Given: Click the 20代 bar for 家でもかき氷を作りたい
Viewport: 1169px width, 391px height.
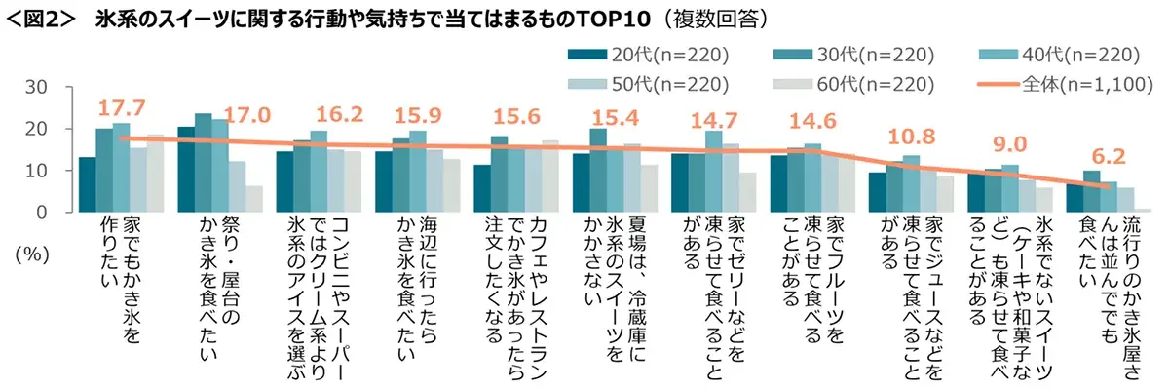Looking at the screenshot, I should pyautogui.click(x=88, y=184).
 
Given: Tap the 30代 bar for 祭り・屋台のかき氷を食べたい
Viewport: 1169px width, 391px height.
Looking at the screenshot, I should pyautogui.click(x=204, y=163).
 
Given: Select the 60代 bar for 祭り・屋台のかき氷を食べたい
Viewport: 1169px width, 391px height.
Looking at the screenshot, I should pyautogui.click(x=255, y=199).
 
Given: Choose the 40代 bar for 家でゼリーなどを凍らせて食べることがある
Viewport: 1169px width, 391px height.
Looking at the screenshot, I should pyautogui.click(x=714, y=172).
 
